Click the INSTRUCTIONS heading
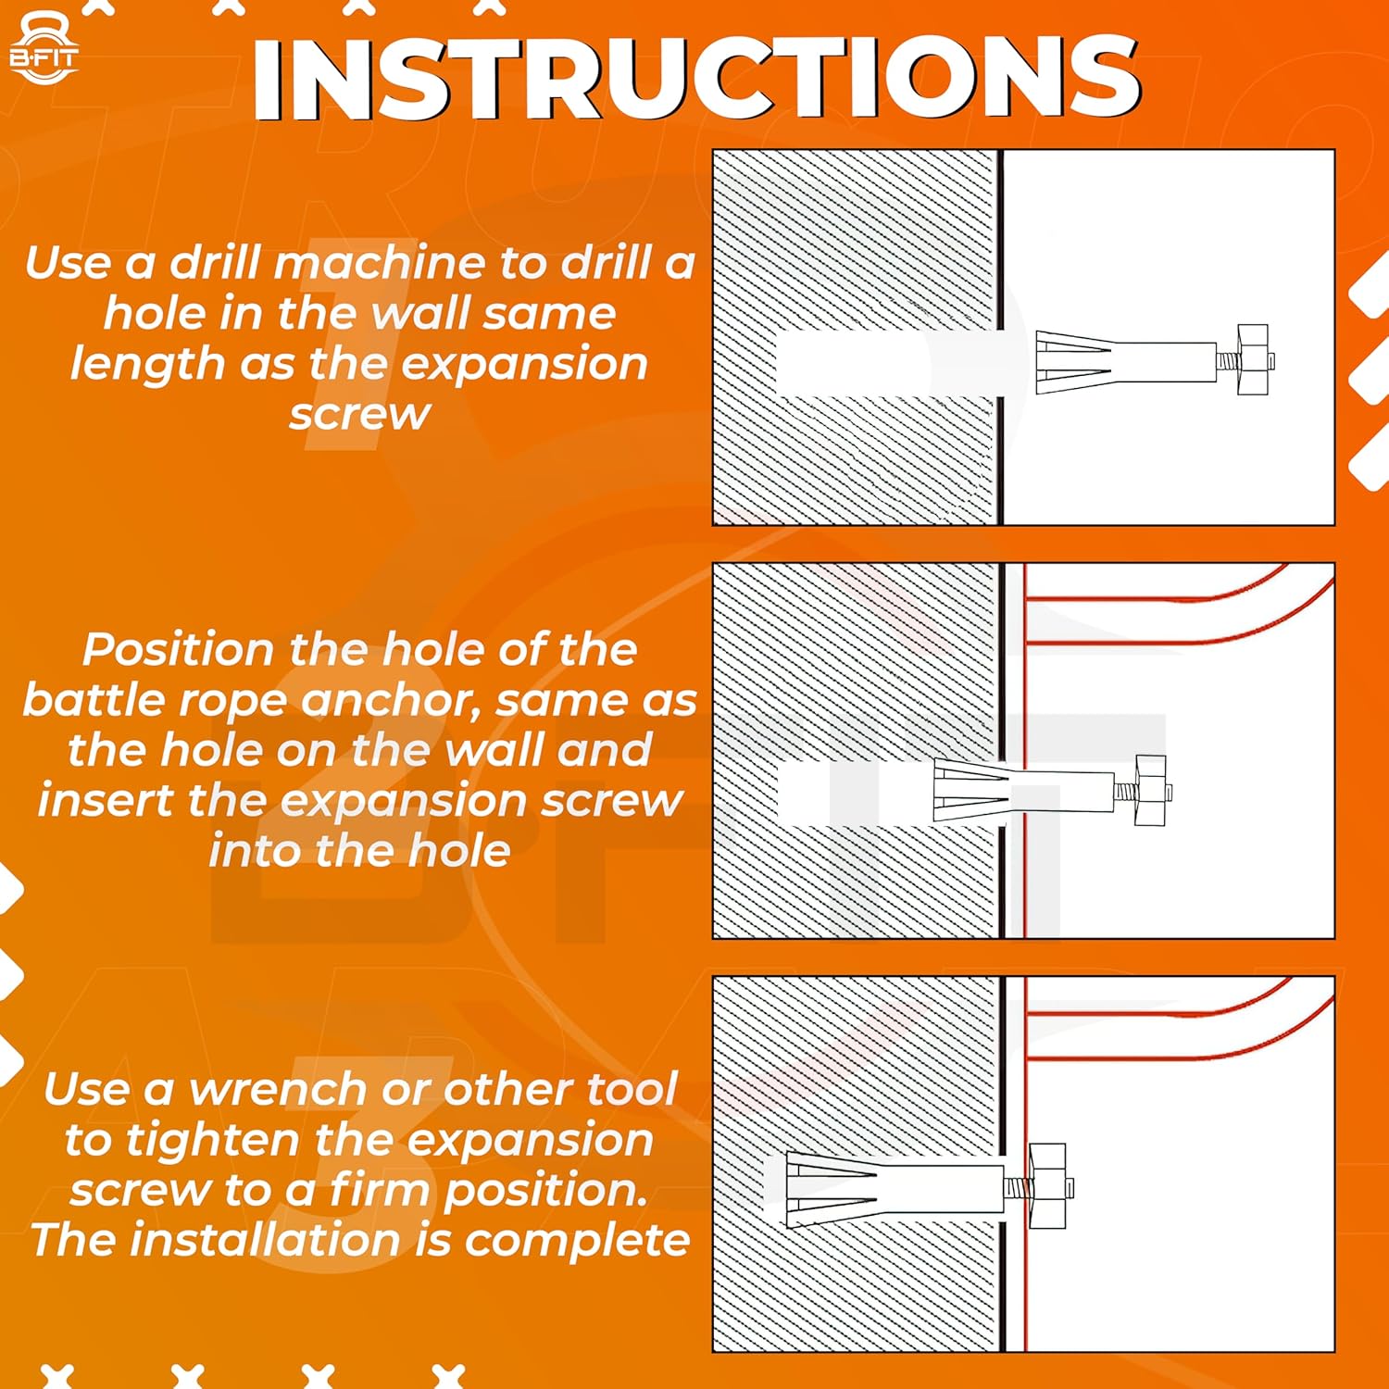(695, 78)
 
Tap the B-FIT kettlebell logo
(44, 49)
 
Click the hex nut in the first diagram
(1252, 359)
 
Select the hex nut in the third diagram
(1047, 1186)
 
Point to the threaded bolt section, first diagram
(1226, 360)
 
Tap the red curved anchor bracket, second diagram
(1176, 630)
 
